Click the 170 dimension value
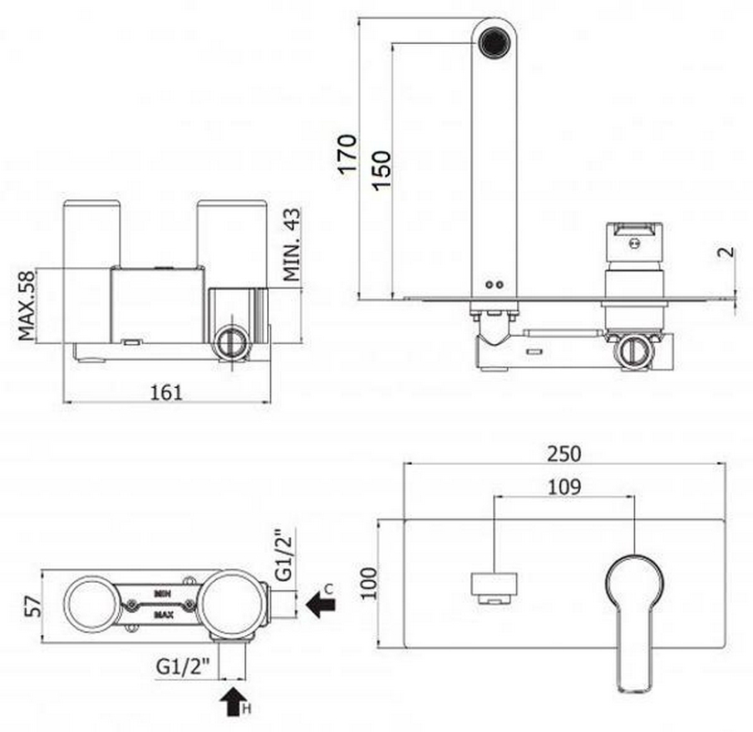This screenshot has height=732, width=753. tap(347, 153)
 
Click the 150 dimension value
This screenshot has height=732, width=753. tap(382, 170)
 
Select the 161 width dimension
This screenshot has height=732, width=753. tap(167, 393)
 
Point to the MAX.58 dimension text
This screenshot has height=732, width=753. tap(27, 306)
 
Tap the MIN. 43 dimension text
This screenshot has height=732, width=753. tap(292, 244)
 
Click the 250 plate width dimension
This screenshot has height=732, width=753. tap(565, 454)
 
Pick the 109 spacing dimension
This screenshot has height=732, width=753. tap(565, 487)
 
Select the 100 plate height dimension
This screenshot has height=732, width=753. tap(370, 583)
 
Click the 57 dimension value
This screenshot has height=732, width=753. tap(33, 606)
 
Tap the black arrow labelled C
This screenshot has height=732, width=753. tap(321, 604)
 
